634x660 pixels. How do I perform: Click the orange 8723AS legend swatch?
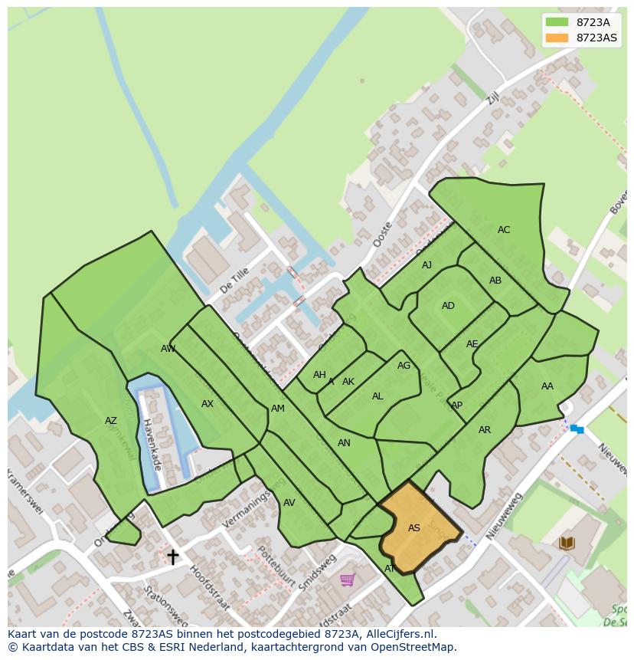[557, 38]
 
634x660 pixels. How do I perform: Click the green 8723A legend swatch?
[557, 22]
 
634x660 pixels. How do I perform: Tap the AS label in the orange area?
[413, 528]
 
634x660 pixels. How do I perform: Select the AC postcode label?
[503, 230]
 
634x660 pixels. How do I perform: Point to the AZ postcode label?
[111, 421]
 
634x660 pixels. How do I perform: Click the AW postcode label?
[168, 349]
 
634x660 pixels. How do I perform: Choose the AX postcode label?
[207, 404]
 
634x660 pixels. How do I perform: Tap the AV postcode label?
[289, 503]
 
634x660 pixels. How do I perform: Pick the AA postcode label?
[547, 386]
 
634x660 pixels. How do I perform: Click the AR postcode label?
[484, 430]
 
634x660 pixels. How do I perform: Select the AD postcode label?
[448, 306]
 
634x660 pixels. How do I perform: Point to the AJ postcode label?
[426, 265]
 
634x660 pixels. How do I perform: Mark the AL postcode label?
[377, 396]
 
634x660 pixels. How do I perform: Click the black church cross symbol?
[173, 556]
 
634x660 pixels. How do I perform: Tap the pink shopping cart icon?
[347, 580]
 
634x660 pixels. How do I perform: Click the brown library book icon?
[567, 543]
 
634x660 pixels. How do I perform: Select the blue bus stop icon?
[577, 429]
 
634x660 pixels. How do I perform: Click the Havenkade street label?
[151, 445]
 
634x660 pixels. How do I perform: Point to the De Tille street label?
[234, 281]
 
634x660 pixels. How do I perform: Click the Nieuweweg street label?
[504, 515]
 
